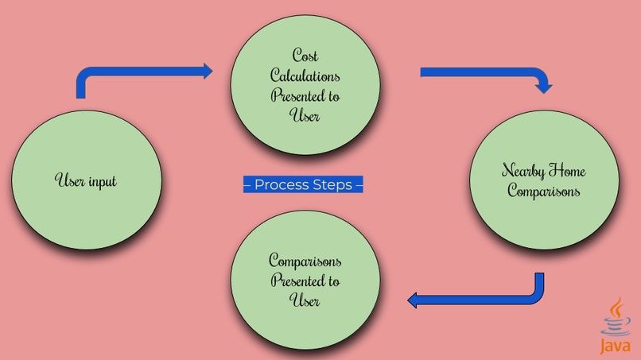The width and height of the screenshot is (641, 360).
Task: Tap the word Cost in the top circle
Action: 305,56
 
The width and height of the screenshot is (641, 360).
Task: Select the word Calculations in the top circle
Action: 305,76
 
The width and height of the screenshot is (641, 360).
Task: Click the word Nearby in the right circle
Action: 521,171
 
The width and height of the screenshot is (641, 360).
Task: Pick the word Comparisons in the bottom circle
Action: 305,261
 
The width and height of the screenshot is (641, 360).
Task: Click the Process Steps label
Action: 303,185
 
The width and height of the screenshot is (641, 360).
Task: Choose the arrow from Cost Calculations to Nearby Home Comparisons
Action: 485,75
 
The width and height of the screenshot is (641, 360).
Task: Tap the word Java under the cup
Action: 616,346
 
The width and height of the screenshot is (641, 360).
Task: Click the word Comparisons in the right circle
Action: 544,191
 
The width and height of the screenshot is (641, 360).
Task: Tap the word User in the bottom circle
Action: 305,301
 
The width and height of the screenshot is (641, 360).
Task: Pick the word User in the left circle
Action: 67,181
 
